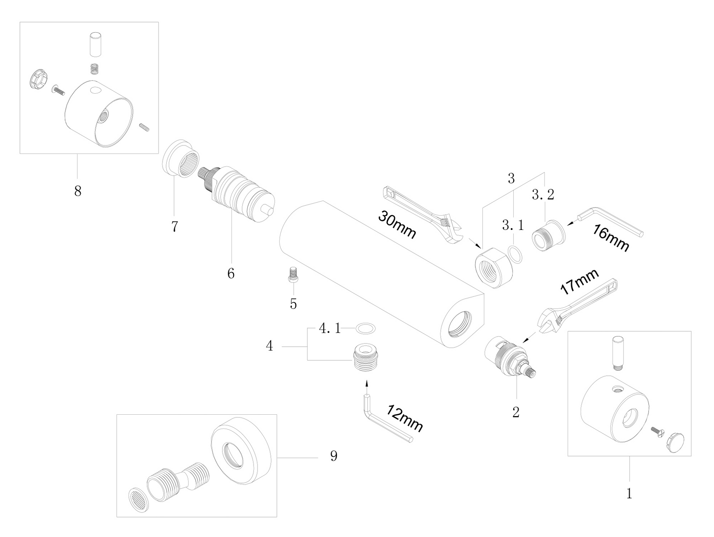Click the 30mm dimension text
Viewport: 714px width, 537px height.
pyautogui.click(x=397, y=225)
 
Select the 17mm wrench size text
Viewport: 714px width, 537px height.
pyautogui.click(x=580, y=281)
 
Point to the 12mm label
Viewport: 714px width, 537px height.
pyautogui.click(x=405, y=418)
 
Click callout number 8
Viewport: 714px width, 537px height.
pyautogui.click(x=78, y=191)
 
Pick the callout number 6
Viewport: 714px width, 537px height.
pyautogui.click(x=231, y=273)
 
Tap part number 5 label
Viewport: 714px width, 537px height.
pyautogui.click(x=293, y=304)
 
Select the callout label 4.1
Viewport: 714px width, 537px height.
pyautogui.click(x=329, y=328)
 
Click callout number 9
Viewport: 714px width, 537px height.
pyautogui.click(x=334, y=456)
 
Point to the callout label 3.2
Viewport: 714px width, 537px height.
pyautogui.click(x=543, y=195)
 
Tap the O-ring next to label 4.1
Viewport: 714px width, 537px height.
pyautogui.click(x=366, y=328)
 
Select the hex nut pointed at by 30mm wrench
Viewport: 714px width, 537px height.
pyautogui.click(x=492, y=267)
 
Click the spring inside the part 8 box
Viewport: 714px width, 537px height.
pyautogui.click(x=95, y=68)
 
